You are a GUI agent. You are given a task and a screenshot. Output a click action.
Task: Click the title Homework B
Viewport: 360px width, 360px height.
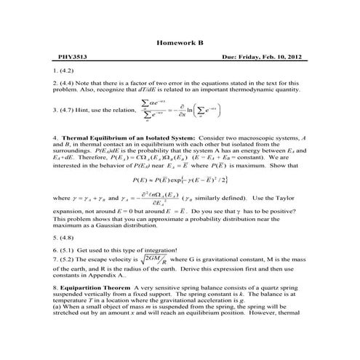pyautogui.click(x=180, y=43)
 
